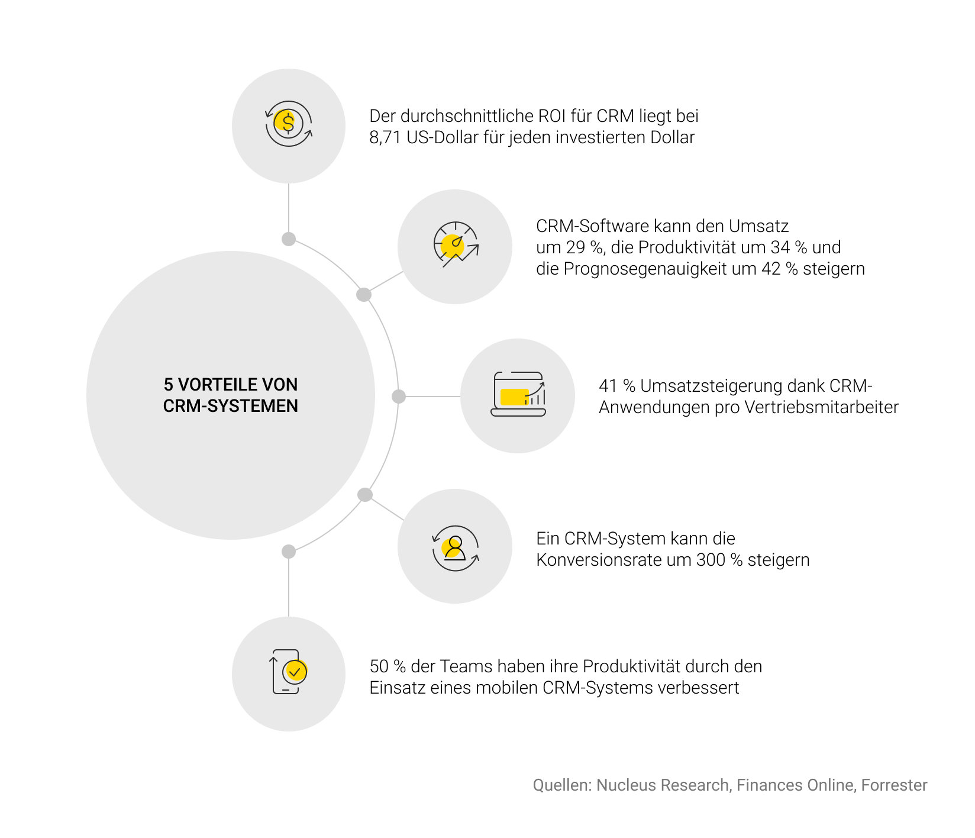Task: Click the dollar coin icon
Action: click(288, 124)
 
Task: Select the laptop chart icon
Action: click(518, 394)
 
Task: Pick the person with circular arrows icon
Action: click(455, 548)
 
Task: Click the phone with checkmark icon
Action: click(289, 672)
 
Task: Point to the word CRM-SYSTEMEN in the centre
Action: click(231, 406)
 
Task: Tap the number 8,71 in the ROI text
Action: click(385, 137)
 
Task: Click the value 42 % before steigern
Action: click(779, 269)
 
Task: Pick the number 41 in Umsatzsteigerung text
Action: click(608, 386)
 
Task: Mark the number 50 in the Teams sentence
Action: click(379, 666)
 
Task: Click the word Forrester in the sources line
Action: click(894, 785)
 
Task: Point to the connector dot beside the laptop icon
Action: click(399, 397)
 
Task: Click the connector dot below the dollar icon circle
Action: click(289, 239)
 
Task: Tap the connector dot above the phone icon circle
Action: click(289, 552)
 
